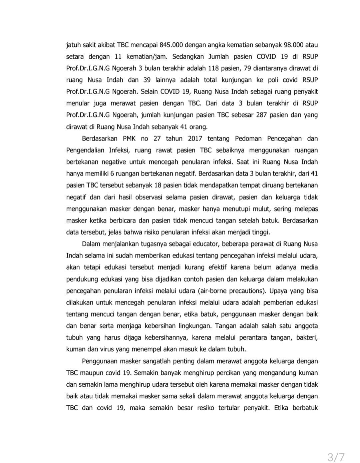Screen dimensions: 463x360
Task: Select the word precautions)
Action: tap(249, 291)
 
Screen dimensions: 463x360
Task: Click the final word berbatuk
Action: tap(305, 408)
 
